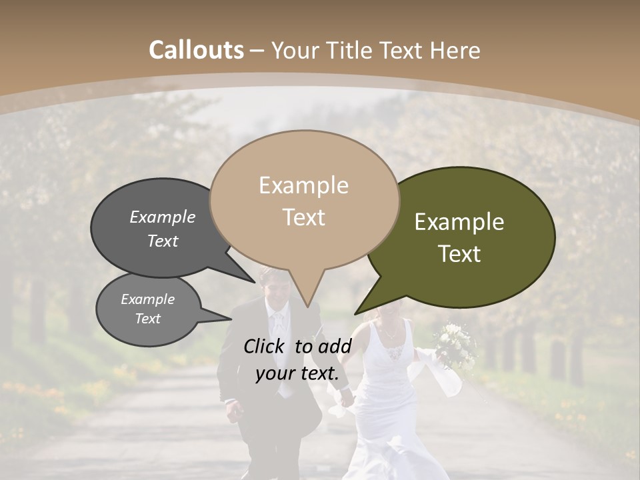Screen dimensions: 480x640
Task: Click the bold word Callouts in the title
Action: (x=196, y=50)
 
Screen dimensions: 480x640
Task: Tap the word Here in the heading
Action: (x=455, y=50)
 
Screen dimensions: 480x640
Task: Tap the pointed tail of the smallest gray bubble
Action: (x=223, y=316)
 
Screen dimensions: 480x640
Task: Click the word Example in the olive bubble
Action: (x=459, y=222)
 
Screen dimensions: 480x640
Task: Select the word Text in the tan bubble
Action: (x=304, y=217)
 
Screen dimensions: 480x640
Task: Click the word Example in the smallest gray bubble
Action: (x=147, y=299)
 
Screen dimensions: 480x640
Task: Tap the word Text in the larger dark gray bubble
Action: (x=163, y=241)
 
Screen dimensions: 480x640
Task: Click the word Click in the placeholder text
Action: (x=265, y=346)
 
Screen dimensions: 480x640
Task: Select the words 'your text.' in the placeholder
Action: (x=297, y=374)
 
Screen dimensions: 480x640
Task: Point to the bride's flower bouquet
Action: (x=455, y=344)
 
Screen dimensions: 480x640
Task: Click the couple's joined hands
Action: (x=346, y=397)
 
